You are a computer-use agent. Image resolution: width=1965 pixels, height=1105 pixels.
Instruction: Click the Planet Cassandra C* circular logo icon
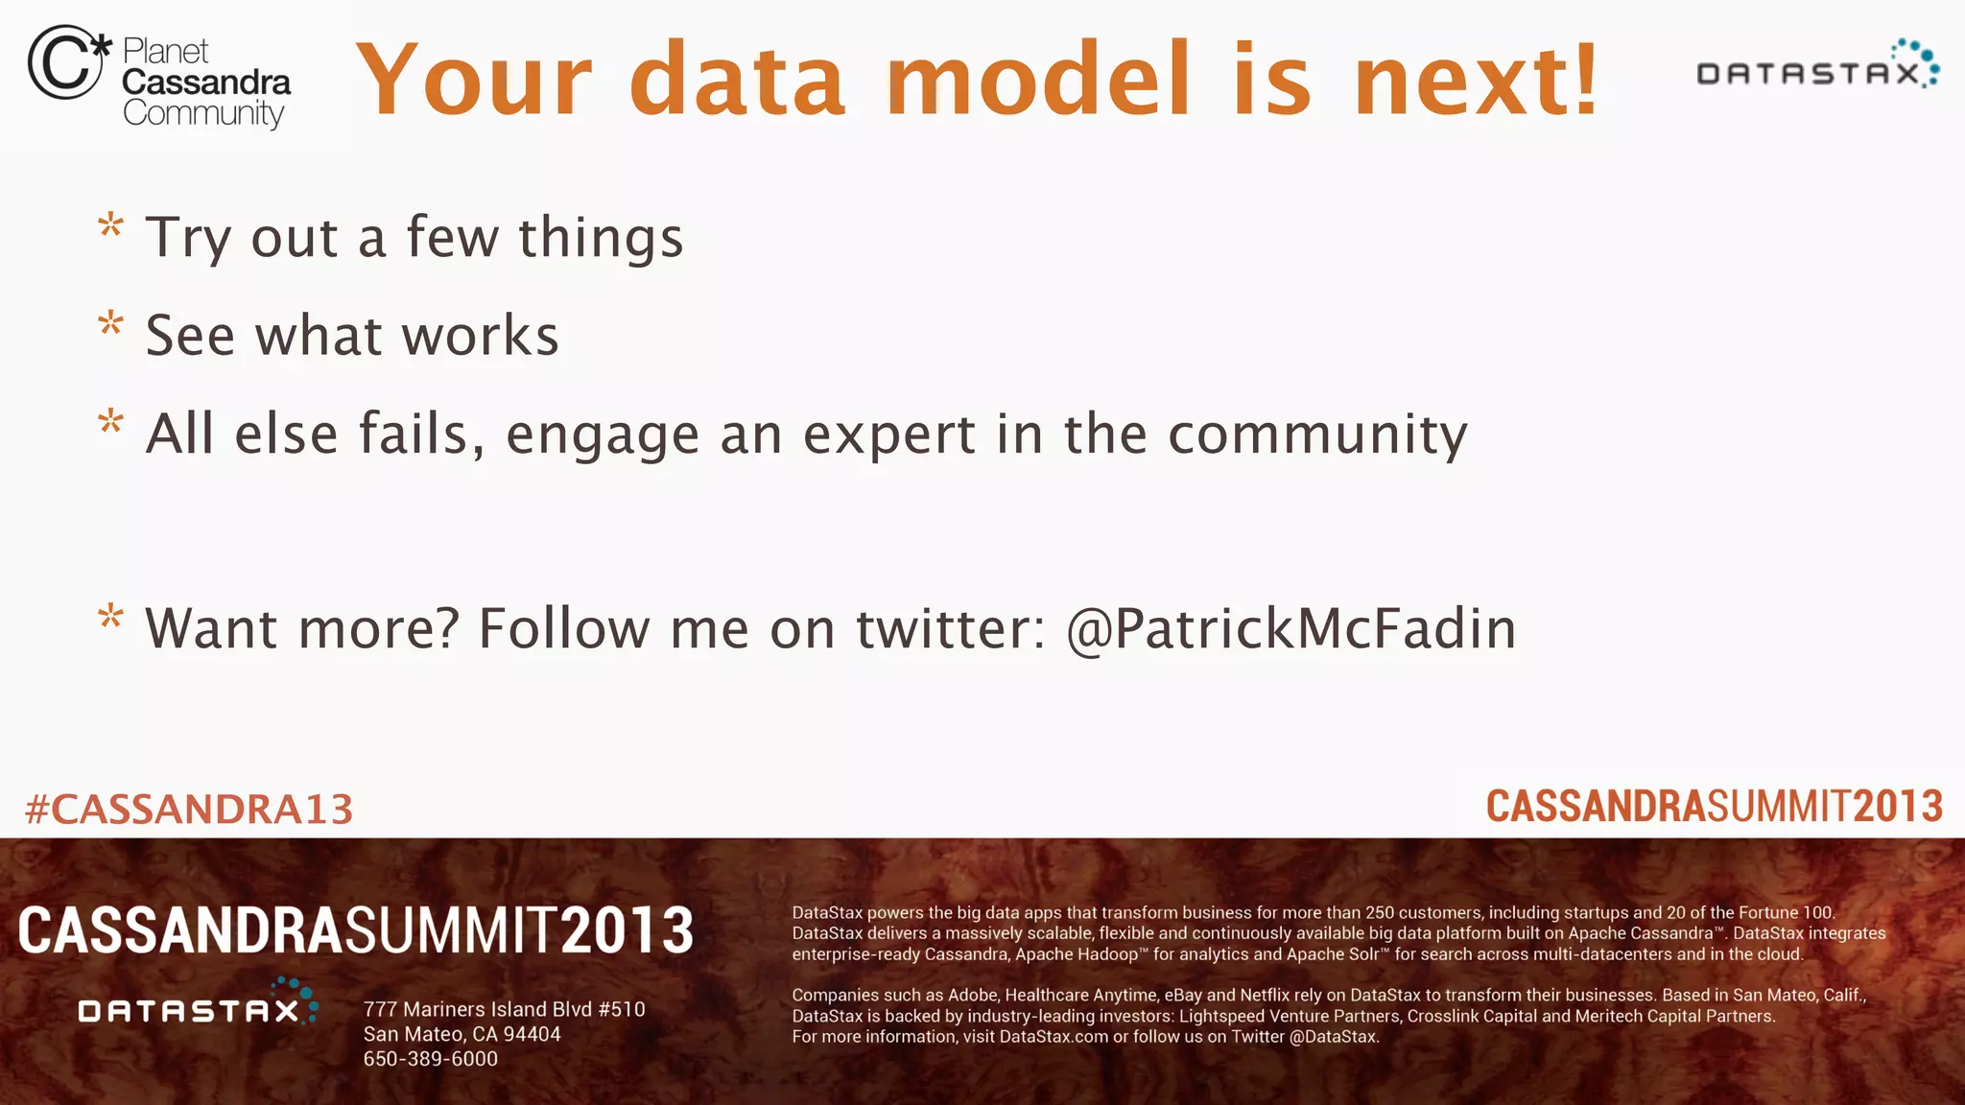[67, 62]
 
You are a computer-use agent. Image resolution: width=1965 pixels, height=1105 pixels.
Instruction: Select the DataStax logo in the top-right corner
[1817, 66]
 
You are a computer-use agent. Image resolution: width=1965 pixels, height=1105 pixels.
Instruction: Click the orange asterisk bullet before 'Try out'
[111, 227]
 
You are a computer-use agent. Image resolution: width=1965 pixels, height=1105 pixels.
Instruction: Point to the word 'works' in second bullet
[480, 336]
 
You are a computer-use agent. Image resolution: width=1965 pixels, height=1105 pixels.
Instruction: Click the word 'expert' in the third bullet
[888, 435]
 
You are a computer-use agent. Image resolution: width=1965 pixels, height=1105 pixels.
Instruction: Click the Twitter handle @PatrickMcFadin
[1291, 630]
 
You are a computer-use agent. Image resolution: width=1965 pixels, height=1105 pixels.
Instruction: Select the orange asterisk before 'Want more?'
[111, 618]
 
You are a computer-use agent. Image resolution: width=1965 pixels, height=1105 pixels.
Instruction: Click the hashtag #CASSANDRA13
[189, 810]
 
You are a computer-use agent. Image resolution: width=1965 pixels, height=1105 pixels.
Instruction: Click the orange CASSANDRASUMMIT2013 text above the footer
[1714, 807]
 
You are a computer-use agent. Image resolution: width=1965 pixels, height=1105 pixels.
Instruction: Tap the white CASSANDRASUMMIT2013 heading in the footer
[356, 931]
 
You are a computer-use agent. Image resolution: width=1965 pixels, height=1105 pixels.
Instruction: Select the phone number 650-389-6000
[431, 1059]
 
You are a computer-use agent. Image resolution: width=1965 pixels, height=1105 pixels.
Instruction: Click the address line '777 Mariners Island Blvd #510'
[504, 1009]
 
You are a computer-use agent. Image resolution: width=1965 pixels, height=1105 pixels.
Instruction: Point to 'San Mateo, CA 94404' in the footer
[462, 1034]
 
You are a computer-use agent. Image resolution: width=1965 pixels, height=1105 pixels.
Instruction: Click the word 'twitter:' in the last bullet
[950, 630]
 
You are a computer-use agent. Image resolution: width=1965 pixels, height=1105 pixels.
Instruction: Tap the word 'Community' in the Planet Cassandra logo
[203, 114]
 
